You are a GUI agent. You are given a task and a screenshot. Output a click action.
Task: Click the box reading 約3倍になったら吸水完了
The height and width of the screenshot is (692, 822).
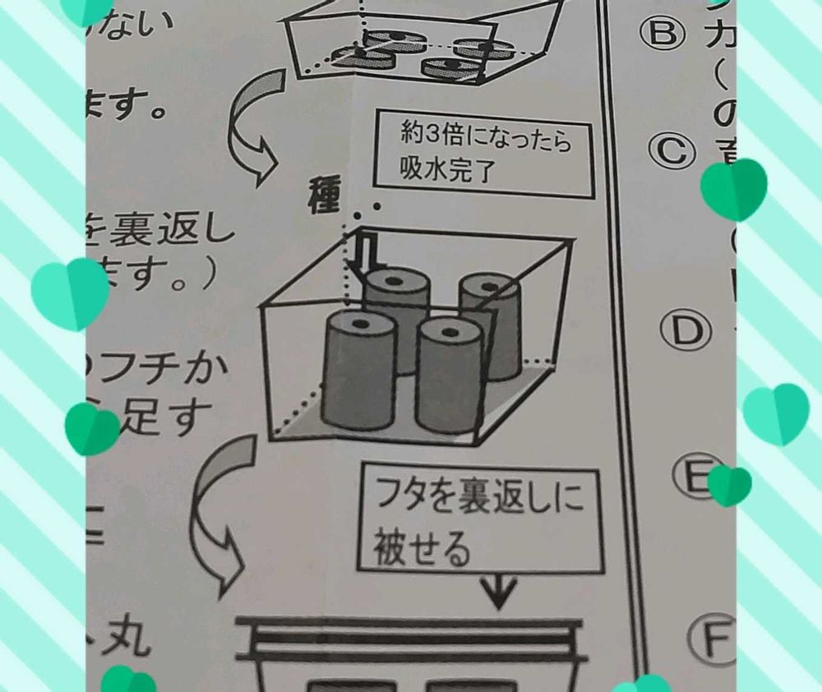click(484, 154)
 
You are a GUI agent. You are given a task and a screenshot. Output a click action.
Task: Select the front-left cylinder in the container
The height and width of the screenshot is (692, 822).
click(359, 370)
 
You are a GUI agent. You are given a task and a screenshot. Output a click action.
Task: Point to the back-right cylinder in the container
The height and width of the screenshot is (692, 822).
click(490, 325)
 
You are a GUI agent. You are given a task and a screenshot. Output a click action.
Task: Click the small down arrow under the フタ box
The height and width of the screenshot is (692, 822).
click(501, 589)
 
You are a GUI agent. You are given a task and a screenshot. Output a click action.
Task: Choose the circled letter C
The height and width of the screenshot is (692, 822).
click(672, 150)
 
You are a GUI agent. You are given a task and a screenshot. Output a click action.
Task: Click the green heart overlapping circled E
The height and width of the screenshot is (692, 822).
click(728, 485)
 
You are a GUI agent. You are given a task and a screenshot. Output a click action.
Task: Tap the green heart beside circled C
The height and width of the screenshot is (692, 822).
click(734, 188)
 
